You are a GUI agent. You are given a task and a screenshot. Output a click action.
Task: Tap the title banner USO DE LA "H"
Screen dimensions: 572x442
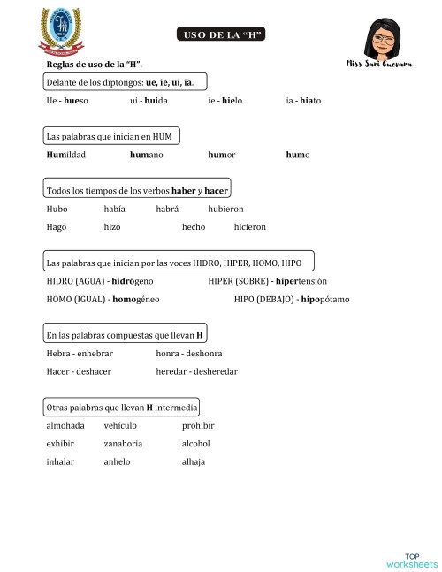(222, 34)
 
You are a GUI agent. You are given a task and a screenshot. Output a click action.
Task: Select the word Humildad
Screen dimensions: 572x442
(66, 155)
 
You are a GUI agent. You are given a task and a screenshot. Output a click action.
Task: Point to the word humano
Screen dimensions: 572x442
(146, 155)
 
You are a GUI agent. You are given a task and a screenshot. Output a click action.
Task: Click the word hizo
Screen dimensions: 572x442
(112, 227)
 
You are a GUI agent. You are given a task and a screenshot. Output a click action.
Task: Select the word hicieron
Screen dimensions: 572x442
(249, 227)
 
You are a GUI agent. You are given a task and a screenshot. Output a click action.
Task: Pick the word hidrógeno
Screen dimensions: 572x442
(135, 281)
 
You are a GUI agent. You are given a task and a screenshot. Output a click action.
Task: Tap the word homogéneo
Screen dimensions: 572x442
(136, 299)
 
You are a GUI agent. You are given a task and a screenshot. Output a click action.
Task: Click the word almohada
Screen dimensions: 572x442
(65, 426)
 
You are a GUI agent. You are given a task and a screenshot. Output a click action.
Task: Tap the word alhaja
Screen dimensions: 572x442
(194, 461)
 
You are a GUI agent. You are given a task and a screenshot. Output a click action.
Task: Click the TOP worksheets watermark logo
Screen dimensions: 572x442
(412, 560)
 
